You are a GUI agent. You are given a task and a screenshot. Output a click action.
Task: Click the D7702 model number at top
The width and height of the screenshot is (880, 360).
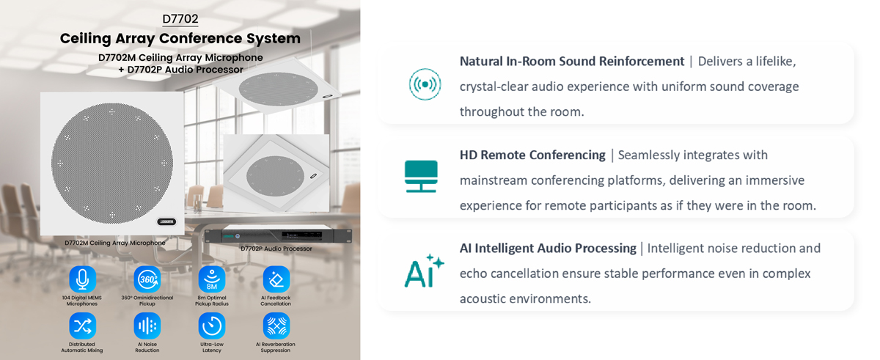[x=180, y=19]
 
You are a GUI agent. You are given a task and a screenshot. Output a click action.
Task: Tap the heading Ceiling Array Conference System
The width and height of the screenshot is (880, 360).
[x=180, y=38]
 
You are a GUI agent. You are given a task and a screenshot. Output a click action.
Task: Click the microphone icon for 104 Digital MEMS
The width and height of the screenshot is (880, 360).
[x=82, y=279]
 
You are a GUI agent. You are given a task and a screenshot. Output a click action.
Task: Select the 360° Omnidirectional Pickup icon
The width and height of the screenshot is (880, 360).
[x=147, y=279]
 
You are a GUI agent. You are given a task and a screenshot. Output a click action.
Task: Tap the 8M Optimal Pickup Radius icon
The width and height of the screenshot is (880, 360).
[x=211, y=279]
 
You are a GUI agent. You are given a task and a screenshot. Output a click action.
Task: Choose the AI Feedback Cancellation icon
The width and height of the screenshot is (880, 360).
[x=276, y=279]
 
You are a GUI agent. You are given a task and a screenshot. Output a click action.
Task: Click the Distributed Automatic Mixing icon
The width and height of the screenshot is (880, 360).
[x=82, y=326]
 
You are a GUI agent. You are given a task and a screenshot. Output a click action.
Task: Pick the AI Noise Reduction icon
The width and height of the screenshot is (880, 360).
[x=147, y=326]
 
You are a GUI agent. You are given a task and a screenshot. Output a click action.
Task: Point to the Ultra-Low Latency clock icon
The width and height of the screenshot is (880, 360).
[x=211, y=326]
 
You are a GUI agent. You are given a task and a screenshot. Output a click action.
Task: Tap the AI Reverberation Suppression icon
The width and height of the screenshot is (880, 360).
[x=276, y=326]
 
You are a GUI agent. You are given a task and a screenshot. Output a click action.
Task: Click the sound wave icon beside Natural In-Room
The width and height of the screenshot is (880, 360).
[x=425, y=84]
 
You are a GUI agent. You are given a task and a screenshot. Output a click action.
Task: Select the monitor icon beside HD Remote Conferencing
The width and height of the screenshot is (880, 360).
[x=421, y=177]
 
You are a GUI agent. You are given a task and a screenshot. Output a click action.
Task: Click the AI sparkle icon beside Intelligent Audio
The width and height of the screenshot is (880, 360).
[x=424, y=271]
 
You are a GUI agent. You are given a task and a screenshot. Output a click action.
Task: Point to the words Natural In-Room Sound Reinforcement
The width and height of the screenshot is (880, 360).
[x=571, y=62]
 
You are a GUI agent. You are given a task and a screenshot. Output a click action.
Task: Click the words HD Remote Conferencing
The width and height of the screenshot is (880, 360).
[x=532, y=155]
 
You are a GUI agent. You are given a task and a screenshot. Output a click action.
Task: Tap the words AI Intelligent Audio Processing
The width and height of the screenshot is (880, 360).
[x=547, y=249]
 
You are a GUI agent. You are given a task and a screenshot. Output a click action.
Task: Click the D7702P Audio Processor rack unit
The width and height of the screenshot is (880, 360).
[x=278, y=235]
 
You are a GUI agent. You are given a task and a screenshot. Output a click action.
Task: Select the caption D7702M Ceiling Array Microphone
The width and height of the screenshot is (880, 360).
[x=114, y=243]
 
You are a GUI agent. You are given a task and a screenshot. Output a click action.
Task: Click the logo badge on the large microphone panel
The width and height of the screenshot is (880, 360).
[x=166, y=221]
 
